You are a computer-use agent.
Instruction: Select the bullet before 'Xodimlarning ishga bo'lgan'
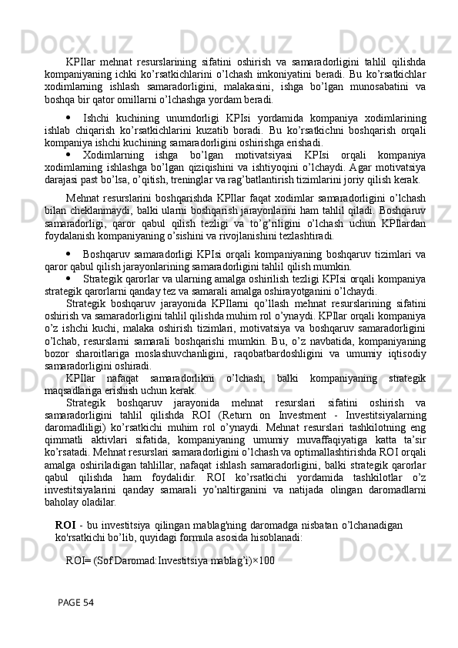click(x=69, y=153)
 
